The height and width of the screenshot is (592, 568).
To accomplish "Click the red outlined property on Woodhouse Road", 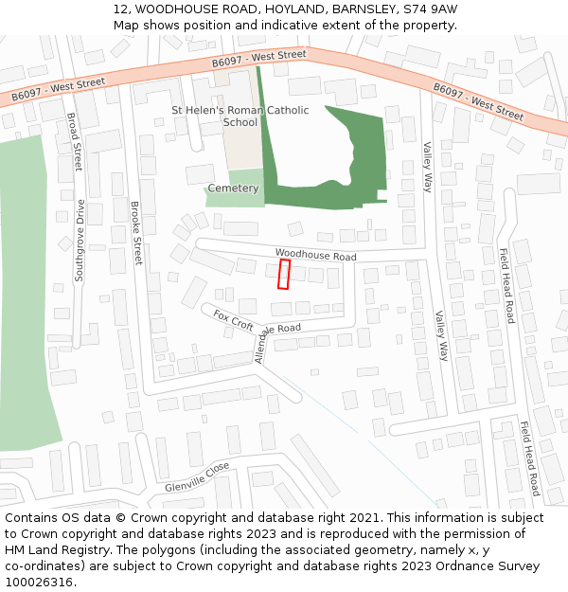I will (283, 274).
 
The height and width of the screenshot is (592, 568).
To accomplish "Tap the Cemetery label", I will (233, 188).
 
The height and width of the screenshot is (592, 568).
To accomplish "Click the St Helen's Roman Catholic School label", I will (240, 116).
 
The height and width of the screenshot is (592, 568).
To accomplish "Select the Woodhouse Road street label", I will (315, 256).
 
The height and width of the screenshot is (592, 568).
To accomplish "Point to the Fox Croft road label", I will (233, 320).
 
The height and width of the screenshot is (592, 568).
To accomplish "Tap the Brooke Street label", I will (136, 232).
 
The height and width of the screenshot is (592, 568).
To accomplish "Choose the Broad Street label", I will (75, 141).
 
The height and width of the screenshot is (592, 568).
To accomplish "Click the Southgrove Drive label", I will (80, 242).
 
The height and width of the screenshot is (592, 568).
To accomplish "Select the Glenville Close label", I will (197, 476).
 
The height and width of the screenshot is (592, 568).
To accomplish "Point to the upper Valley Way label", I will (427, 167).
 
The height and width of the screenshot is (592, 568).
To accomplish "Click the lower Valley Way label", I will (440, 335).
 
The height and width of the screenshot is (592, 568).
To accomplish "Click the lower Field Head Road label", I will (528, 458).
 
